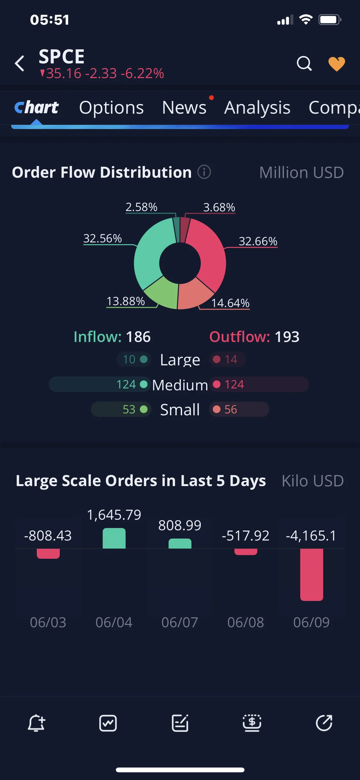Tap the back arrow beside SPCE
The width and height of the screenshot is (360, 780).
(20, 63)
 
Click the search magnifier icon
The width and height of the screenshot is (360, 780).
(304, 63)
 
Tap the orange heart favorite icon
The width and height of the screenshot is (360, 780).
(337, 64)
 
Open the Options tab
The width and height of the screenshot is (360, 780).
(111, 108)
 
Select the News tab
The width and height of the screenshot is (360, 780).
(184, 108)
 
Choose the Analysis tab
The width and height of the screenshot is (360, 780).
(257, 108)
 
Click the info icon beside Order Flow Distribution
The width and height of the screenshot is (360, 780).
(204, 172)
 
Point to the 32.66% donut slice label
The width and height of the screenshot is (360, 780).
(258, 241)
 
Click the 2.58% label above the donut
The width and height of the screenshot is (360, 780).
(141, 207)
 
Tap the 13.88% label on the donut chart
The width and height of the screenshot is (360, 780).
(126, 301)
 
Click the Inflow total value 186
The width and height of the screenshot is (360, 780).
(138, 337)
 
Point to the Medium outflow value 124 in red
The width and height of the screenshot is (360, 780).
(234, 384)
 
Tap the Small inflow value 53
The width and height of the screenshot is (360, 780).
(129, 409)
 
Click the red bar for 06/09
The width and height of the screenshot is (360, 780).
(311, 575)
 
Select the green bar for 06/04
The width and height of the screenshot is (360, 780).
(114, 538)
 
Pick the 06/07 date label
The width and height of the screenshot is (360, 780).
(180, 622)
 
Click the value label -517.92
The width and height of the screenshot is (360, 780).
(245, 535)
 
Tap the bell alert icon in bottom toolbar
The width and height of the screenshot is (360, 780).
(36, 723)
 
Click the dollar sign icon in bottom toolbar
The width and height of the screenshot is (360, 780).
(252, 723)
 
